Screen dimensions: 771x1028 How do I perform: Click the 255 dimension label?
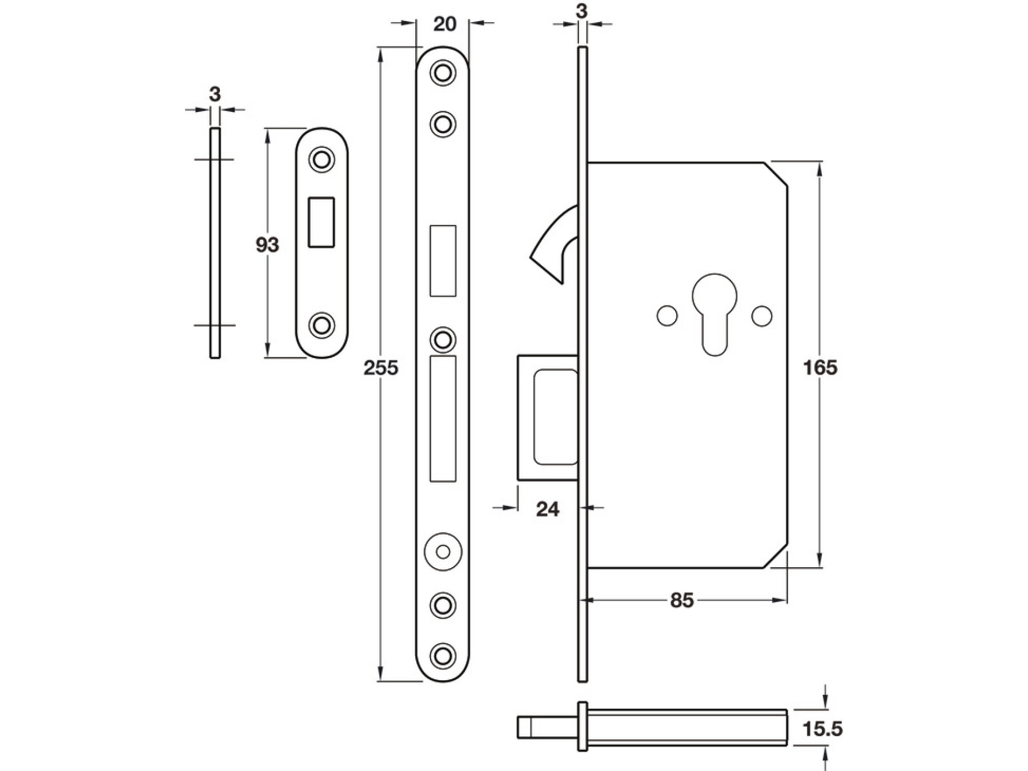(x=381, y=368)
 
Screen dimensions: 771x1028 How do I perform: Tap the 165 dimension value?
(x=820, y=368)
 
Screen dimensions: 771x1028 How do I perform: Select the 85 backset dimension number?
(x=682, y=601)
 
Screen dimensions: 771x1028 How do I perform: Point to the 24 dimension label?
(x=547, y=509)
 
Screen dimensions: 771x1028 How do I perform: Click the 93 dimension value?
(x=267, y=245)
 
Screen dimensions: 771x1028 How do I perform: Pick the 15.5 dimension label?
(x=822, y=729)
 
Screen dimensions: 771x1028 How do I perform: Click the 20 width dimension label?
(x=445, y=24)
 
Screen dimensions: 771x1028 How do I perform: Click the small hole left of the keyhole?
(x=667, y=316)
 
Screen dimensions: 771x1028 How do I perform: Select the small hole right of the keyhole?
(x=762, y=316)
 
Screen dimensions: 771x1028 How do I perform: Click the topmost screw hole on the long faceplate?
(x=443, y=73)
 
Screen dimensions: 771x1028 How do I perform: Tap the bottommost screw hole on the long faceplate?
(x=443, y=655)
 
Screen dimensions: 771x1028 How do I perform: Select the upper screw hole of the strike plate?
(x=322, y=159)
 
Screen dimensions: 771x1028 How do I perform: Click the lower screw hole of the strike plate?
(x=322, y=325)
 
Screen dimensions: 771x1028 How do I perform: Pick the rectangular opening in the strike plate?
(x=322, y=222)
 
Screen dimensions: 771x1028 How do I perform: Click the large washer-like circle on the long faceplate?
(x=443, y=552)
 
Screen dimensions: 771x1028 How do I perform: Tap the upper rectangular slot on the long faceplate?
(x=443, y=260)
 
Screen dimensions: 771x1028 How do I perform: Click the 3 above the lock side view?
(x=582, y=11)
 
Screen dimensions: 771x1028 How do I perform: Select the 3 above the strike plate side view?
(x=215, y=94)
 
